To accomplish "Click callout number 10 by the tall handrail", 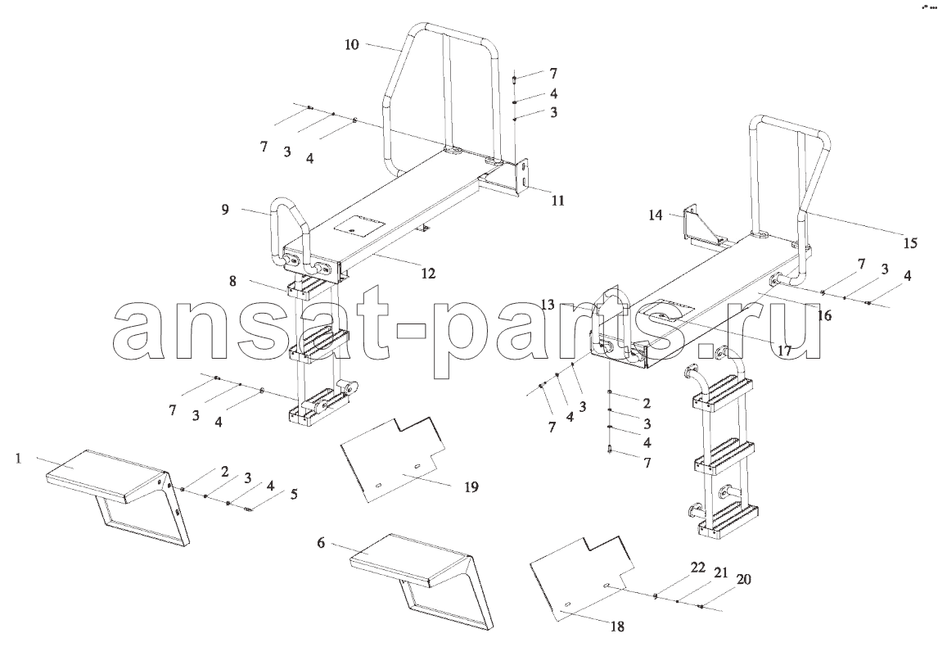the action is point(352,44).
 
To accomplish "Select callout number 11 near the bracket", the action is point(557,201).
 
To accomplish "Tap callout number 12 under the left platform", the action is point(428,274).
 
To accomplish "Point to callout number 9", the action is point(225,210).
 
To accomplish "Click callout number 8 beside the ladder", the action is point(232,279).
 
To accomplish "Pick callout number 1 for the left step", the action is point(19,459).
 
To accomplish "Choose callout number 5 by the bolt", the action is point(294,495).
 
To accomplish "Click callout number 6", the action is point(321,543).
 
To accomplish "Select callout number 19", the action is point(471,487).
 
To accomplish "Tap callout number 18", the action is point(617,627).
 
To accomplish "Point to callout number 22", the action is point(698,568).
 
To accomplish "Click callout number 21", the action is point(721,572).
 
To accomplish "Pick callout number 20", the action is point(743,579).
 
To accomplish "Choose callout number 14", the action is point(656,215).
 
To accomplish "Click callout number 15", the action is point(910,243).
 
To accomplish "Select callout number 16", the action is point(824,315).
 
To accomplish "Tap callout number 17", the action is point(785,351).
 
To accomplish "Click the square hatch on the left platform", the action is point(359,228).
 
